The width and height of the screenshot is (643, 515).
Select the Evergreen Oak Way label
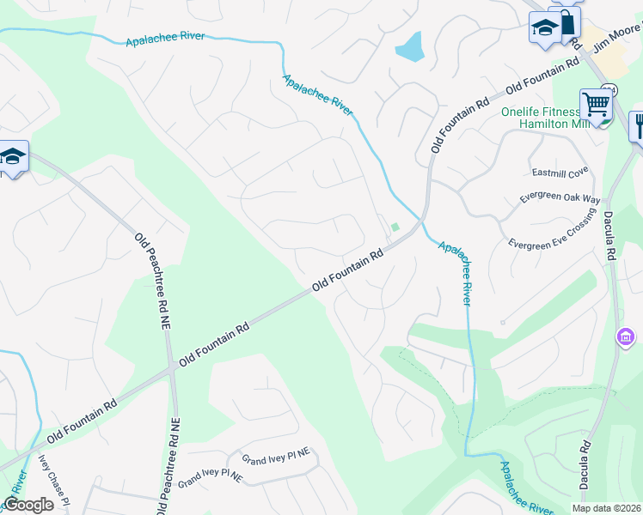click(x=560, y=198)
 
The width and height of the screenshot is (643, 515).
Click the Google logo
click(x=28, y=505)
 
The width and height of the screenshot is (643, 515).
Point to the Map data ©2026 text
click(x=606, y=507)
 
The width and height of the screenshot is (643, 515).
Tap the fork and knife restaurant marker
click(x=638, y=127)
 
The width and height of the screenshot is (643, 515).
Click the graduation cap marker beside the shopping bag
click(x=543, y=28)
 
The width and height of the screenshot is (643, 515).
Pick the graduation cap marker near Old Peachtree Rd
click(x=13, y=157)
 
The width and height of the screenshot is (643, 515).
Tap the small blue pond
click(x=410, y=47)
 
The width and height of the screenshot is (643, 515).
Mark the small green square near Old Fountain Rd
click(x=395, y=227)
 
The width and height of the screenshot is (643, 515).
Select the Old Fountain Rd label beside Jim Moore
click(x=542, y=77)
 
